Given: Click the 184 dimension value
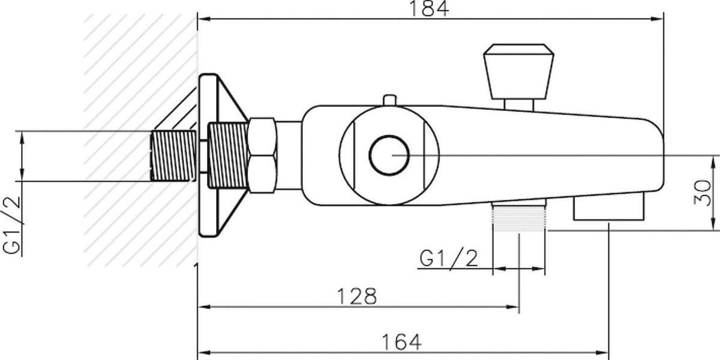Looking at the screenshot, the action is coord(428,8).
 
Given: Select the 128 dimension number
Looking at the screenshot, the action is coord(357,296).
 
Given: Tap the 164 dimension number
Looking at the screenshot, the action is coord(401,342).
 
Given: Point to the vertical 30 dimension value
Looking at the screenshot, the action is coord(703,193).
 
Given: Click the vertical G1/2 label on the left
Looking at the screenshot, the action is coord(11,225).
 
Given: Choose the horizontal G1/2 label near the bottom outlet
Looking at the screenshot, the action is coord(449,257).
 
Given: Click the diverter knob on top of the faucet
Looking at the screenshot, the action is coord(518,71).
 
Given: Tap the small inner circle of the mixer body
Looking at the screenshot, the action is coord(389,155).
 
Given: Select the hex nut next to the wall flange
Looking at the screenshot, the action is coord(263,155).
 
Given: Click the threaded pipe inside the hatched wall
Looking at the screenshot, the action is coord(173,156).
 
